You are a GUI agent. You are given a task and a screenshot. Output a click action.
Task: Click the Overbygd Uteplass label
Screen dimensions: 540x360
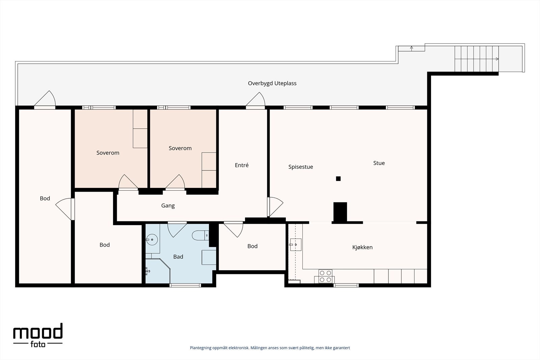coord(272,83)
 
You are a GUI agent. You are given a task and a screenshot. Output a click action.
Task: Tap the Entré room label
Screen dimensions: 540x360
coord(242,165)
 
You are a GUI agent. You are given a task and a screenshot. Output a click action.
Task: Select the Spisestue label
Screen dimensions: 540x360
coord(301,167)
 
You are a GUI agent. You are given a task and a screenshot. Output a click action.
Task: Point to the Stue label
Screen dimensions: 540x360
coord(379,163)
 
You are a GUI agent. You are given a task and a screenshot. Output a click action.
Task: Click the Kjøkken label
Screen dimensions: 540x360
coord(362,247)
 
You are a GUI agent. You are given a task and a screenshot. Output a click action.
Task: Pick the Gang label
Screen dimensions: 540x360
coord(168,205)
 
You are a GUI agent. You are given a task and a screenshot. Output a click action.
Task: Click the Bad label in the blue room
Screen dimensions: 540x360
coord(178,257)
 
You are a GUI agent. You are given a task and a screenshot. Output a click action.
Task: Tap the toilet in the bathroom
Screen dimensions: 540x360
coord(200,236)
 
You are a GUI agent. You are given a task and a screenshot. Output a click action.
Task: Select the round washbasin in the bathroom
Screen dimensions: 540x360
coord(152,240)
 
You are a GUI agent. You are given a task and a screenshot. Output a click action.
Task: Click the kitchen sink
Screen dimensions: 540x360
coord(296,245)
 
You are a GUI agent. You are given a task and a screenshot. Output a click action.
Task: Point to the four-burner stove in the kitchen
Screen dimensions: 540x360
coord(325,276)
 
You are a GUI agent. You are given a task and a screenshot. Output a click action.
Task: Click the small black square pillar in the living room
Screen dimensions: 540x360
coord(338,178)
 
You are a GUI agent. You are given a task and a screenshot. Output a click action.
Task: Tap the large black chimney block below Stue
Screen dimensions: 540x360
coord(340,212)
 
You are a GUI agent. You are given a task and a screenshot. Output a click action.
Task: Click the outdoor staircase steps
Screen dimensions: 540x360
coord(477,59)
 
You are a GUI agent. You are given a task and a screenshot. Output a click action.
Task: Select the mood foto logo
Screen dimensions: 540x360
coord(38,335)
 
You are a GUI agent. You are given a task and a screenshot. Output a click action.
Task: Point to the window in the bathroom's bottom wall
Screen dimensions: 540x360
coord(185,285)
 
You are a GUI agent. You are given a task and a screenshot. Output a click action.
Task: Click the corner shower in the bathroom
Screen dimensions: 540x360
coord(158,271)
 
